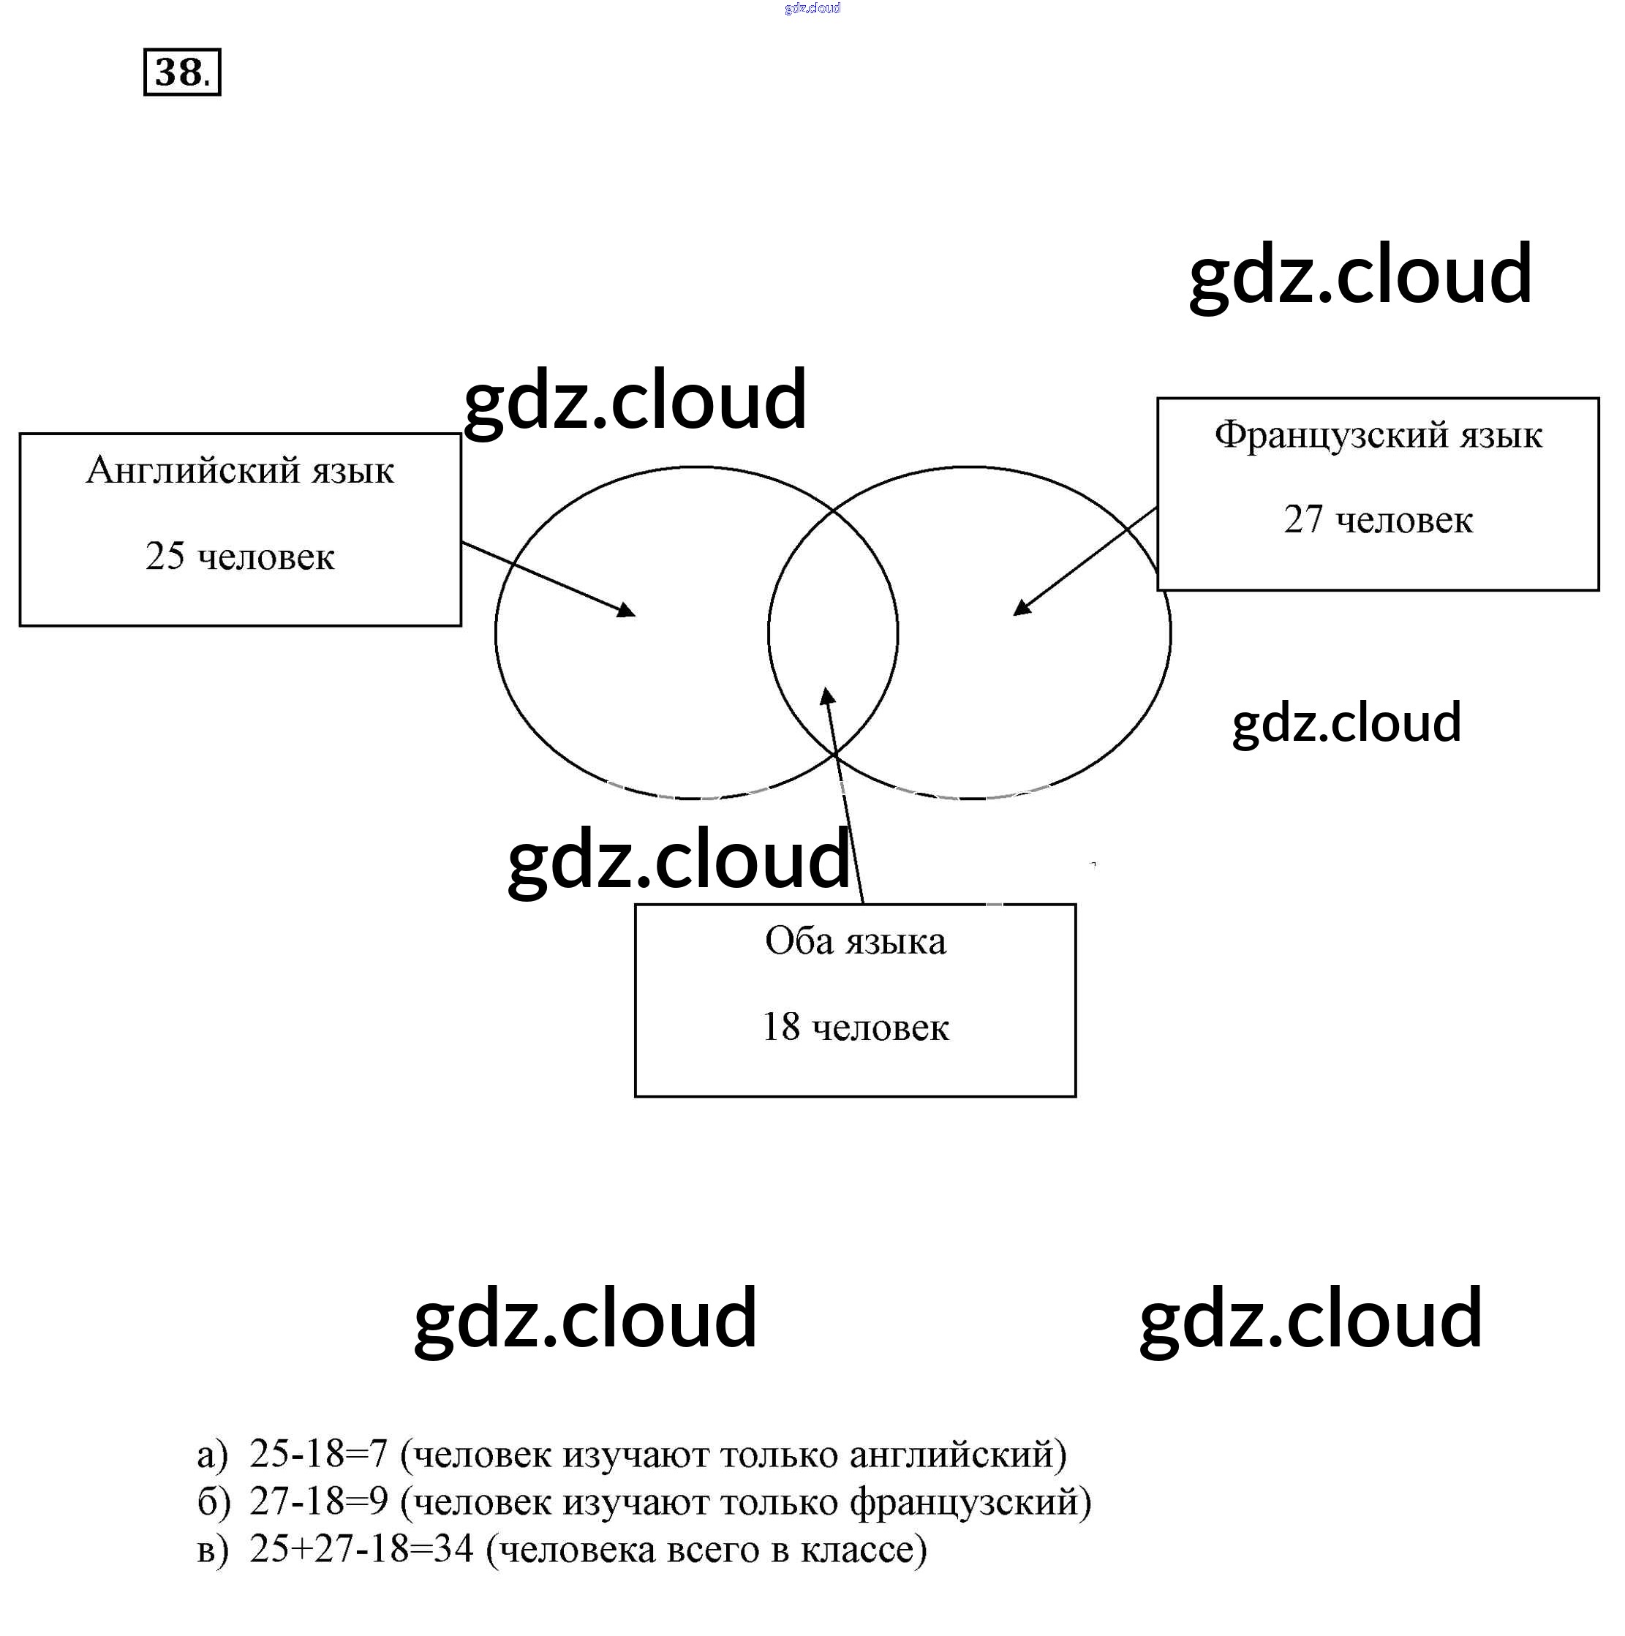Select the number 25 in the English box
(x=165, y=557)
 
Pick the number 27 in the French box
(x=1302, y=520)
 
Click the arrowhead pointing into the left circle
(x=627, y=610)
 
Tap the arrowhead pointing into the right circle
(x=1022, y=607)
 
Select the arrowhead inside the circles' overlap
(x=827, y=696)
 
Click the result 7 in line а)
(x=377, y=1454)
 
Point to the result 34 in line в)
(x=453, y=1549)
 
